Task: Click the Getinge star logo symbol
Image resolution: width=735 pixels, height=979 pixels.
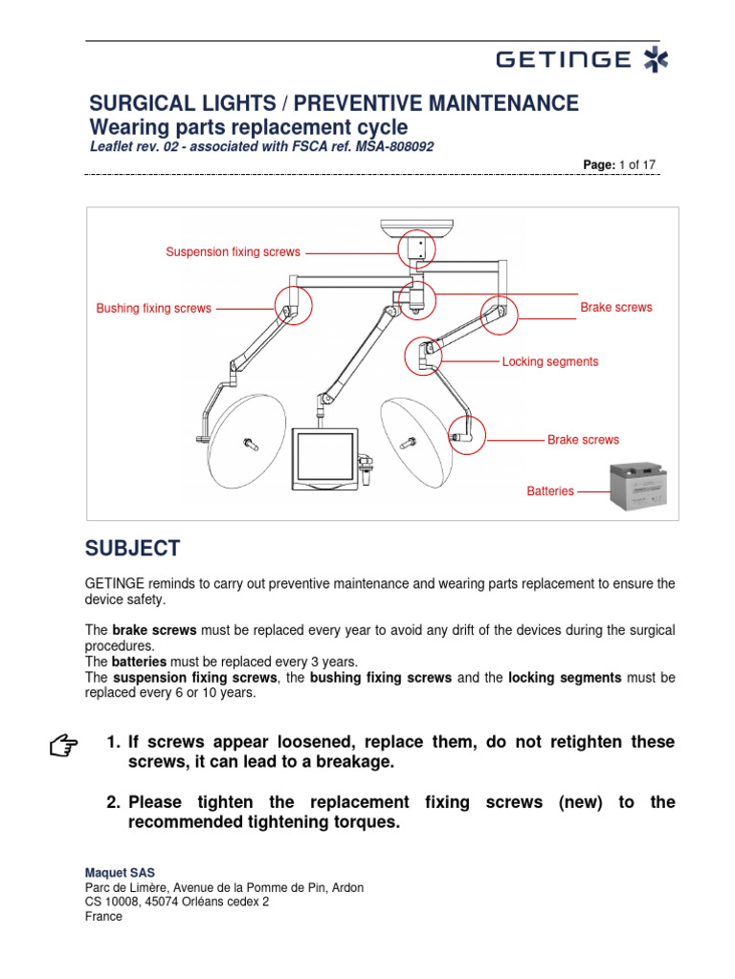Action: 656,60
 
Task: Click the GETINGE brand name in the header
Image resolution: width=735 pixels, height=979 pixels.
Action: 564,60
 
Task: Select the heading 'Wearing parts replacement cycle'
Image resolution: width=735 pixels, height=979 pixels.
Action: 248,127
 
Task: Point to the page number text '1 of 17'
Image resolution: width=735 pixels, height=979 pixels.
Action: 637,165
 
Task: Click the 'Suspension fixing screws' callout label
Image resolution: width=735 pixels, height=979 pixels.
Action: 233,252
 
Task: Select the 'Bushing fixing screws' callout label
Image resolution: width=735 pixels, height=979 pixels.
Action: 153,309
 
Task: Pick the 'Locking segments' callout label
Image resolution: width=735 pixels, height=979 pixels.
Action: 550,361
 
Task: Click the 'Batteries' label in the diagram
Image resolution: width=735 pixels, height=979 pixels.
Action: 550,491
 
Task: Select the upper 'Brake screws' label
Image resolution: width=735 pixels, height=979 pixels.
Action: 615,308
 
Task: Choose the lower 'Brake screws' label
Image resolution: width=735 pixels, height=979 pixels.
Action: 583,440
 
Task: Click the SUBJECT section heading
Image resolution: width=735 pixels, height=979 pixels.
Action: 132,549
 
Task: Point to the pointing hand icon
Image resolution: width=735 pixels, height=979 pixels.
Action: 63,745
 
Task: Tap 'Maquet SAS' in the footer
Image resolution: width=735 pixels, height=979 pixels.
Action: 120,872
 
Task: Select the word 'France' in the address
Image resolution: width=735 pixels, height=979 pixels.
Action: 103,916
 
